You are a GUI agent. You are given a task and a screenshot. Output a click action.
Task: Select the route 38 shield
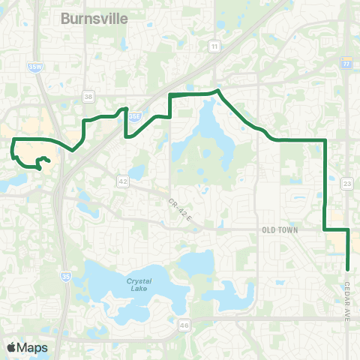(88, 97)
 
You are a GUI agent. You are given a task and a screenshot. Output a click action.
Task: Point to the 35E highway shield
(134, 116)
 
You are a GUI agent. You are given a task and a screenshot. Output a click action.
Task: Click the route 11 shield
(214, 46)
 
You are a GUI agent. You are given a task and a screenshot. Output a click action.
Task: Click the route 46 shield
(184, 325)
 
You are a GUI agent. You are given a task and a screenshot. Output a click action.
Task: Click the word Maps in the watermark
(33, 347)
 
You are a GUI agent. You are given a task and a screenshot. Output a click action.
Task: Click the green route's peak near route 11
(217, 91)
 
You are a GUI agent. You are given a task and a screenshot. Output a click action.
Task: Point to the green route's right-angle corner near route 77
(325, 140)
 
